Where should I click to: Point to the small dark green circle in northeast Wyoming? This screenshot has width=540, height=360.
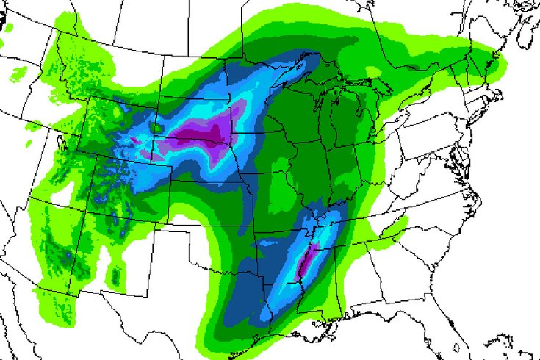tap(156, 127)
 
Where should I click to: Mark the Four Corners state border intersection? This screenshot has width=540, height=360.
tap(96, 220)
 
